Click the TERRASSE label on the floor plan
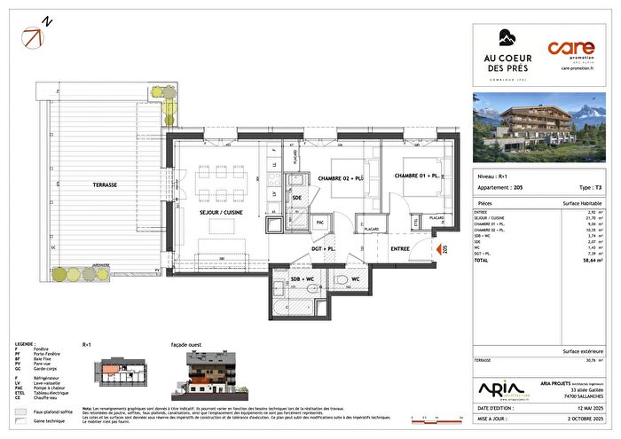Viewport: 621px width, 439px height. pos(101,184)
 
